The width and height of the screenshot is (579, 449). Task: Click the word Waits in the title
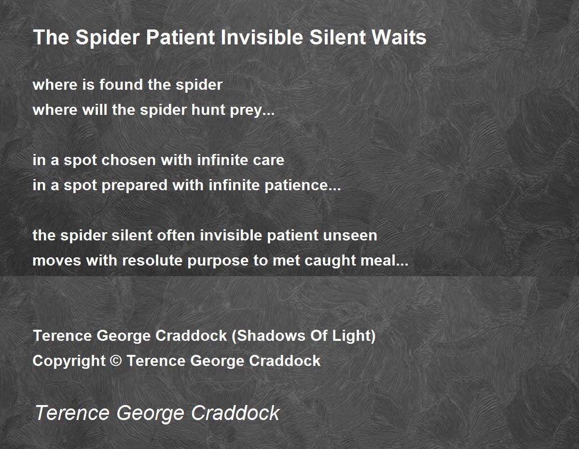click(x=399, y=37)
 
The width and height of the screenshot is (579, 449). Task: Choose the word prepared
click(x=135, y=186)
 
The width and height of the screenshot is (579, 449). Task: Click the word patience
click(x=297, y=185)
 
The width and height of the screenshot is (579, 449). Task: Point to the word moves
click(x=56, y=262)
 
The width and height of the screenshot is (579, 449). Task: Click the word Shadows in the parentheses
click(x=271, y=336)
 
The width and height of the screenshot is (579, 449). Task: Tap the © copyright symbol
click(x=116, y=361)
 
